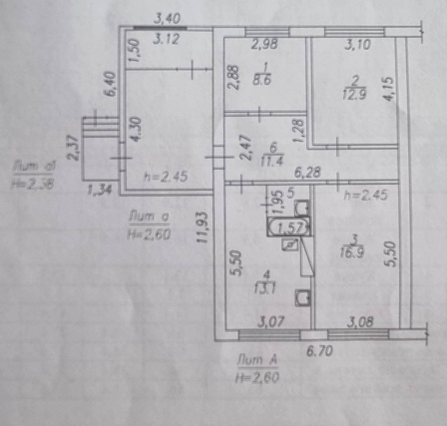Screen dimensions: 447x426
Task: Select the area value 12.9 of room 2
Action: (x=354, y=94)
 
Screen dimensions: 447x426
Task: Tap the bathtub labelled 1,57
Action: (x=289, y=227)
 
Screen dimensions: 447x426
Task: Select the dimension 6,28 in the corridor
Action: (x=308, y=172)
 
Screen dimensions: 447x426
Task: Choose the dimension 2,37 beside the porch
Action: (x=73, y=148)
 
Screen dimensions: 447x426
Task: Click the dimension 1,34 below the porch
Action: (x=99, y=190)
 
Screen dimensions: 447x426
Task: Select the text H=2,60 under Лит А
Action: (x=257, y=378)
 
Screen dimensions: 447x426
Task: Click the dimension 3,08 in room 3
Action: (x=360, y=322)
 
